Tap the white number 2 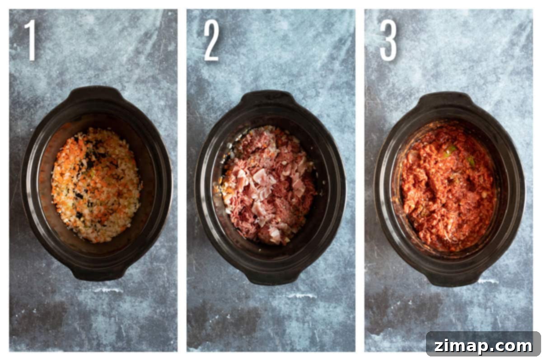[x=211, y=40]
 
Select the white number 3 [x=388, y=40]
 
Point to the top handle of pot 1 [x=96, y=93]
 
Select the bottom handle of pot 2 [x=273, y=278]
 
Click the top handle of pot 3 [x=446, y=98]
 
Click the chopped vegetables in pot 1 [x=96, y=185]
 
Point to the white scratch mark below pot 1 [x=108, y=290]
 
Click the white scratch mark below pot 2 [x=301, y=296]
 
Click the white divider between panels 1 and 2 [x=182, y=180]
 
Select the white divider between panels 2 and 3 [x=360, y=180]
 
